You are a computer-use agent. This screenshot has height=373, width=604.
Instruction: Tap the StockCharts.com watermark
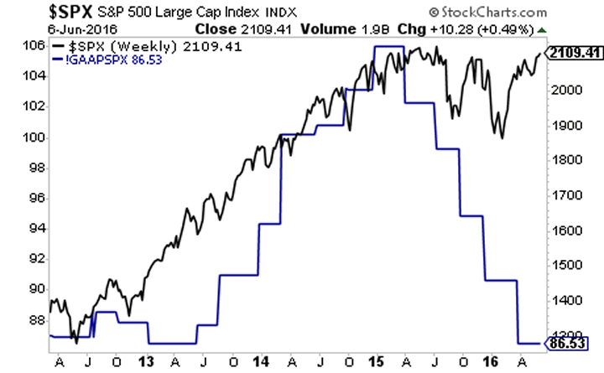click(x=535, y=13)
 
